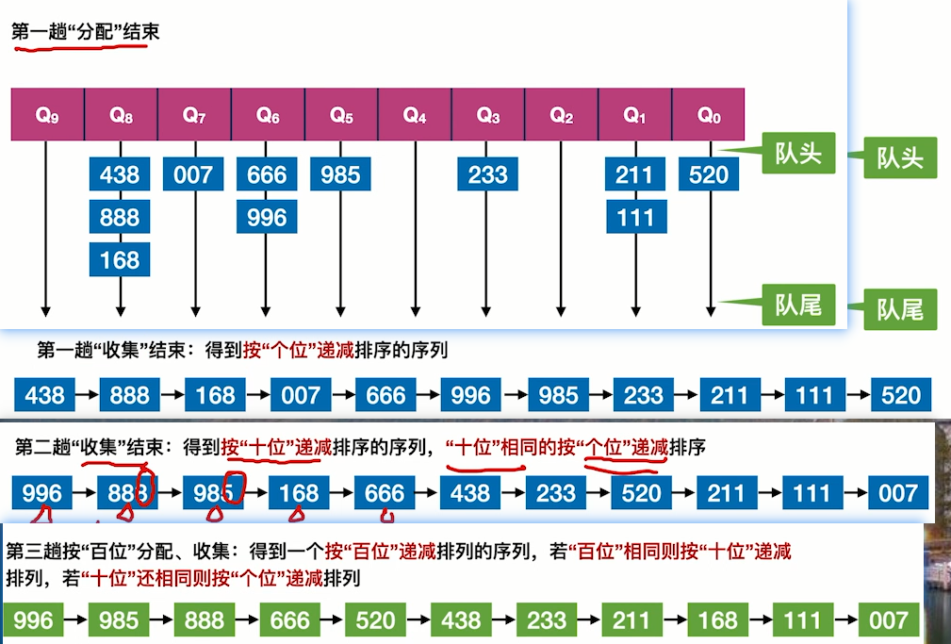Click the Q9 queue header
pos(47,115)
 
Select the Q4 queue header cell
pos(415,115)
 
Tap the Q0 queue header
pos(709,115)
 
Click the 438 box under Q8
pos(120,174)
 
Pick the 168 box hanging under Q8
pos(120,259)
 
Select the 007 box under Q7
pos(193,174)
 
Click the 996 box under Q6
pos(267,218)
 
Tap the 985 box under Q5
pos(340,174)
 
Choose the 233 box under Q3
pos(488,174)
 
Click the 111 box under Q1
pos(636,218)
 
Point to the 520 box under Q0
pos(709,174)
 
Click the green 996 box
pos(34,619)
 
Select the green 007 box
pos(889,619)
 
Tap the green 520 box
pos(375,619)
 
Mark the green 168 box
pos(717,619)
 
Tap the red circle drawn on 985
pos(236,487)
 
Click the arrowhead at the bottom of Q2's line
pos(562,310)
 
